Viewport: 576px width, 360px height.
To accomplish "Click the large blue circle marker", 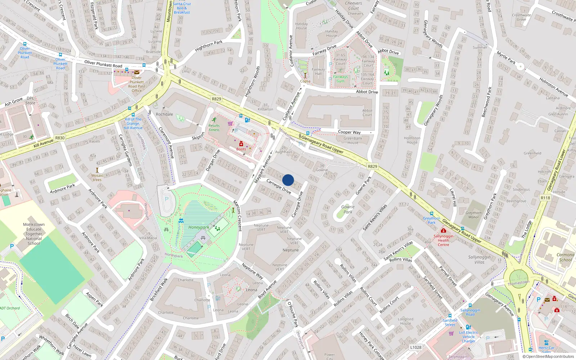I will pos(288,180).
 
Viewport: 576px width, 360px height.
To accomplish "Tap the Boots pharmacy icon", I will pos(241,144).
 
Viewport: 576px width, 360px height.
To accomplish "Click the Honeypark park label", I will pos(198,227).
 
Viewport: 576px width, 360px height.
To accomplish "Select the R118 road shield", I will pos(545,198).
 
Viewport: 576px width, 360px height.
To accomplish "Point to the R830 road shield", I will pos(60,138).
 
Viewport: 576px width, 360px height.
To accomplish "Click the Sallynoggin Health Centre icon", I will pos(443,230).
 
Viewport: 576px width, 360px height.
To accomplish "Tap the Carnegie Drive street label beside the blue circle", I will pos(278,186).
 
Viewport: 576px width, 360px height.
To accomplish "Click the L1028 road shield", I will pos(415,347).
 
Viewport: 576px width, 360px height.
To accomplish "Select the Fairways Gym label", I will pos(340,79).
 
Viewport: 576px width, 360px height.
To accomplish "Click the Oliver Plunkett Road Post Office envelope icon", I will pos(137,72).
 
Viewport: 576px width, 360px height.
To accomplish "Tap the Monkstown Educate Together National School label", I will pos(34,234).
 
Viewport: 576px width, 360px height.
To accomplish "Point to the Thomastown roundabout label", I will pos(518,283).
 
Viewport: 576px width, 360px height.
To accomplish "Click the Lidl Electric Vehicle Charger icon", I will pos(468,327).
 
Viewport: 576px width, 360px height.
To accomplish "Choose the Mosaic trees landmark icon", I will pos(97,170).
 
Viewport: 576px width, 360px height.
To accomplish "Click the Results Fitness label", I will pos(214,128).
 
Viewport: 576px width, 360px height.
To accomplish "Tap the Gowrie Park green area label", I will pos(348,209).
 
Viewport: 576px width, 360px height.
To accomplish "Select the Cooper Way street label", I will pos(349,132).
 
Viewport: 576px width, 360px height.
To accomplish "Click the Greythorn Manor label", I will pos(473,215).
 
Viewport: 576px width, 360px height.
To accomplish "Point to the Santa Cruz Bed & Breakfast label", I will pos(182,8).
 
